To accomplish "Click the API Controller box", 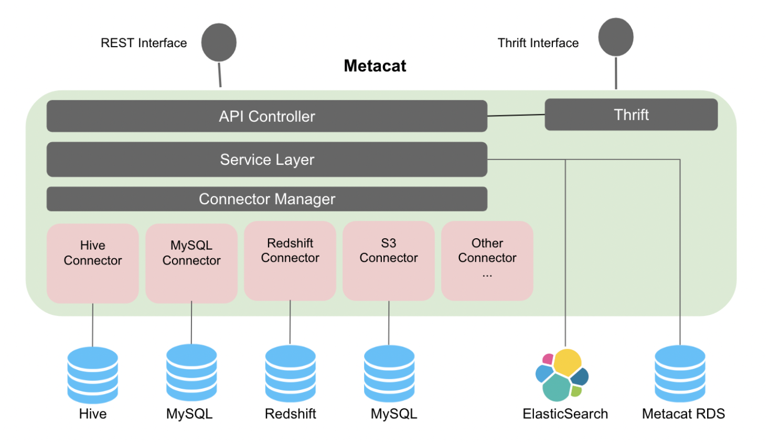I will pyautogui.click(x=266, y=116).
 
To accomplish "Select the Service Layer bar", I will pyautogui.click(x=266, y=160).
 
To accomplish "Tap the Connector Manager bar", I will pyautogui.click(x=266, y=199).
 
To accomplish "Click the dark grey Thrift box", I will pyautogui.click(x=631, y=115).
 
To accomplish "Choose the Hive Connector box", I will pyautogui.click(x=93, y=263).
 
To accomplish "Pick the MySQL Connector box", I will pyautogui.click(x=191, y=263).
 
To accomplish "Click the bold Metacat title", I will pyautogui.click(x=375, y=66).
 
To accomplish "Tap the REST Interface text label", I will pyautogui.click(x=144, y=43).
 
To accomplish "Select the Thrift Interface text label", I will pyautogui.click(x=538, y=43).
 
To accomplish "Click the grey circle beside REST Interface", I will pyautogui.click(x=219, y=43).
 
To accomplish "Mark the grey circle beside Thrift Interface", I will pyautogui.click(x=616, y=37).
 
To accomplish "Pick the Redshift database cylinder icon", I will pyautogui.click(x=290, y=374).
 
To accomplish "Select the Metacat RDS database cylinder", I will pyautogui.click(x=680, y=374).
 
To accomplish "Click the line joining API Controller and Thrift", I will pyautogui.click(x=516, y=115).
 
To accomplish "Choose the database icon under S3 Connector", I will pyautogui.click(x=389, y=374).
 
